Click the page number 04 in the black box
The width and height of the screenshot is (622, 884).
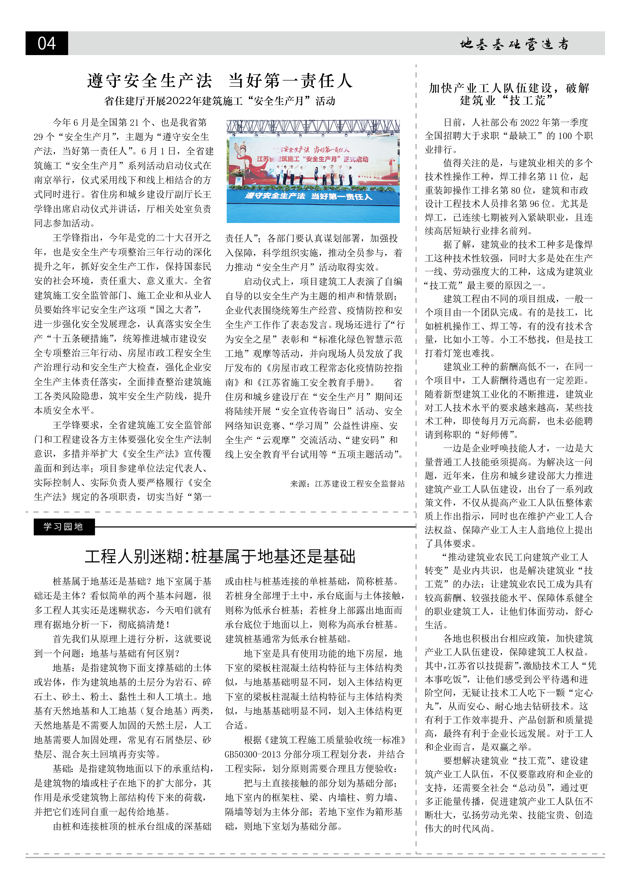[x=47, y=43]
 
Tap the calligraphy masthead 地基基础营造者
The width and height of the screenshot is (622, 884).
[x=514, y=44]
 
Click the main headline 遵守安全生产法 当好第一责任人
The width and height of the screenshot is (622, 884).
[x=220, y=81]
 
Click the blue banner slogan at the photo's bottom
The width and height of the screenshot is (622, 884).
[x=308, y=196]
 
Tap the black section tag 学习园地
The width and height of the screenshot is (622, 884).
[x=64, y=527]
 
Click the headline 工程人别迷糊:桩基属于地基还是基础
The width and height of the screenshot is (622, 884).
[x=220, y=556]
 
